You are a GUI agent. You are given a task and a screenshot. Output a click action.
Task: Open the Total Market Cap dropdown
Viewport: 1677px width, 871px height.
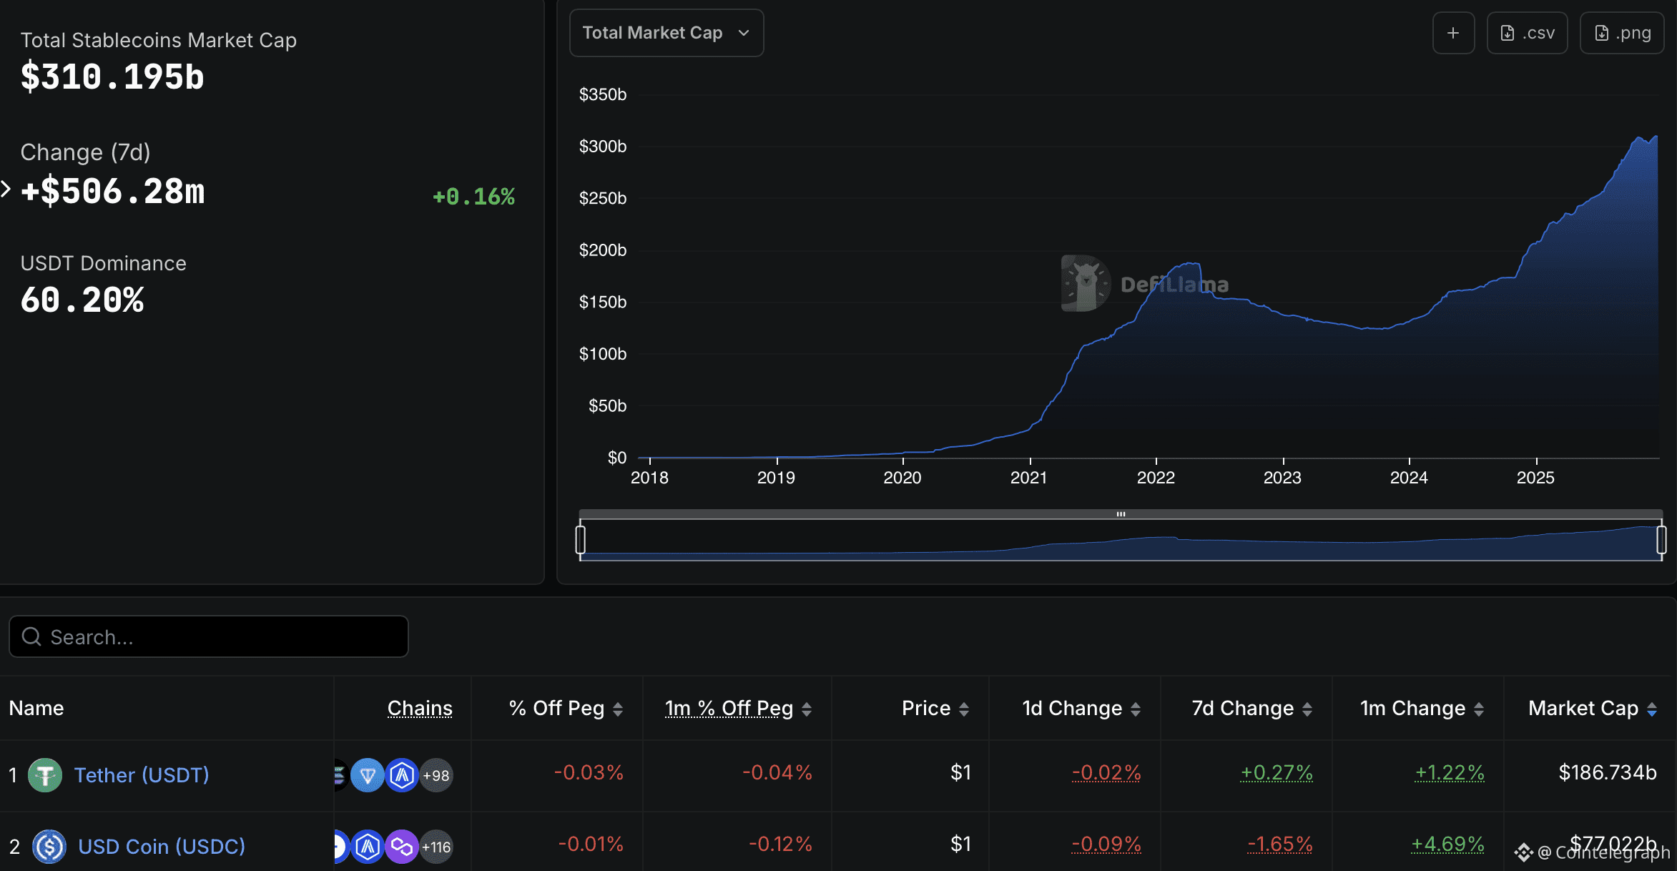666,33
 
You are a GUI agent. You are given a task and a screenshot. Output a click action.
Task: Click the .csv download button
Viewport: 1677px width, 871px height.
1527,33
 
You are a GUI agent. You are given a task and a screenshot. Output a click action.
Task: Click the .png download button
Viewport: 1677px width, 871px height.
1622,33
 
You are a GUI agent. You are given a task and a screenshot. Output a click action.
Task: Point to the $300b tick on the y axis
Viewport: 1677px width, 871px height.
602,147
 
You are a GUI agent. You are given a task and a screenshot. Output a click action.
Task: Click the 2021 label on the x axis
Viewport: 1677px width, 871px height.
1028,478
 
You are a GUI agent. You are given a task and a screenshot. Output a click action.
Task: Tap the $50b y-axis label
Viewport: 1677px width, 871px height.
606,406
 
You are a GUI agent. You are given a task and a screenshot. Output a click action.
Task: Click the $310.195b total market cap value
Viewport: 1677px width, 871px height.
112,77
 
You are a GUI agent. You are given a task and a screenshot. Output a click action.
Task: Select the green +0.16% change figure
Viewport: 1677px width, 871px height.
473,197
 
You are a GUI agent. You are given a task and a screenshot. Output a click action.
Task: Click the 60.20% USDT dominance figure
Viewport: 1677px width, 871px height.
82,300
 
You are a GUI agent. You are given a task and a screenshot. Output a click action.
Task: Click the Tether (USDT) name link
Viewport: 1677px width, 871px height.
142,775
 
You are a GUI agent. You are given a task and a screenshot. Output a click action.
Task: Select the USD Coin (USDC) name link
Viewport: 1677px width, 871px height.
162,847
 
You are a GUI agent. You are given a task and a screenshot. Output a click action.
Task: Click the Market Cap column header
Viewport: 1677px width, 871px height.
1583,708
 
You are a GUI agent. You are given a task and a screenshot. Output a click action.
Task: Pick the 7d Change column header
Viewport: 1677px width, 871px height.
1243,708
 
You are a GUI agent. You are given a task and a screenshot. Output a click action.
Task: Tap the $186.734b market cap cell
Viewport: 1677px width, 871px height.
1607,772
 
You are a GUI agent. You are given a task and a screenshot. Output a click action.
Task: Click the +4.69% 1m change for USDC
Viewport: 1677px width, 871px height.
1447,844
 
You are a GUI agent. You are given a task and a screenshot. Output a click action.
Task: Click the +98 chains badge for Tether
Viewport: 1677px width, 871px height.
436,775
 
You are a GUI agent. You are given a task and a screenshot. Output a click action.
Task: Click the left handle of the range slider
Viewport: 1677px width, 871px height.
581,539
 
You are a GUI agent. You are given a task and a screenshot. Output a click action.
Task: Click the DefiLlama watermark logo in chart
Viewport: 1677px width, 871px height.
1086,283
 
